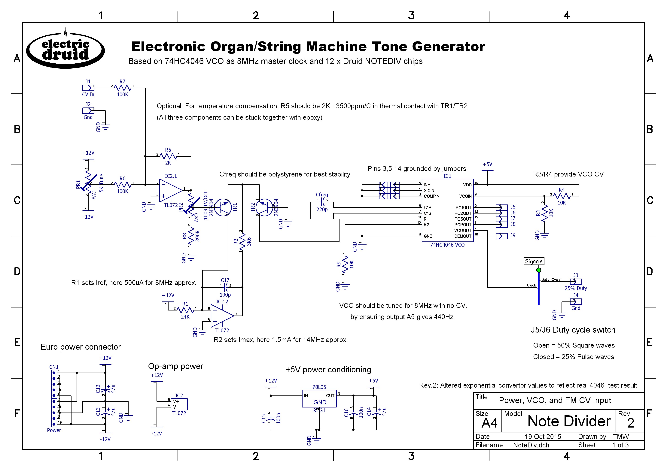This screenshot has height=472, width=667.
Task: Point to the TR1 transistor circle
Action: click(x=223, y=207)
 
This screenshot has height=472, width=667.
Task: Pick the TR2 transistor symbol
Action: click(x=264, y=207)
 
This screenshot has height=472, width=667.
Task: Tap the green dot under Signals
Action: click(x=538, y=270)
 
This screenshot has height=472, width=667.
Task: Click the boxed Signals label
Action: click(x=534, y=261)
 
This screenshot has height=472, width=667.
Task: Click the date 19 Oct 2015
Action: click(x=543, y=437)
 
